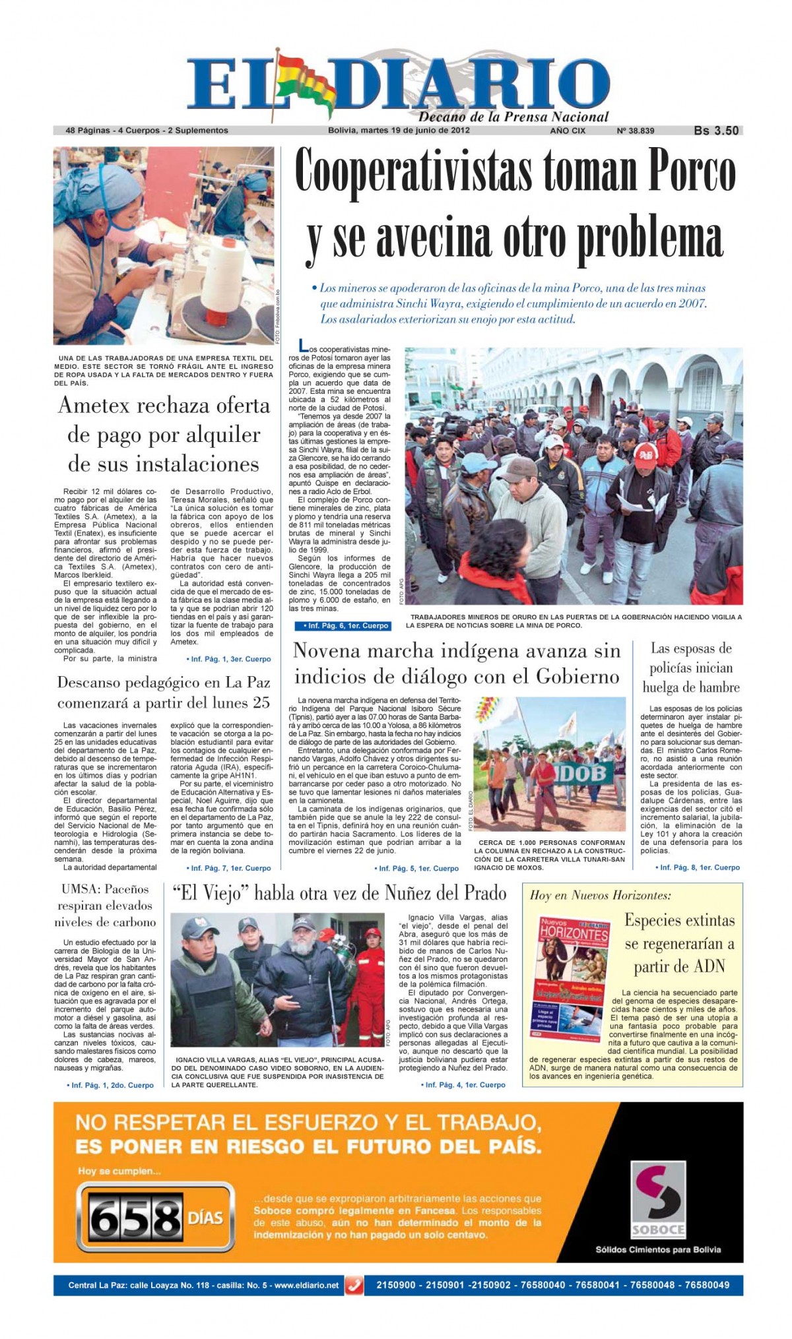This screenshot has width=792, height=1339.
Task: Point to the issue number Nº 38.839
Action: point(635,131)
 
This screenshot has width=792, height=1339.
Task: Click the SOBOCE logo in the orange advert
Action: point(658,1200)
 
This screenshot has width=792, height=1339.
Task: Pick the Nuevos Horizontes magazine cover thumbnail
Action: point(572,976)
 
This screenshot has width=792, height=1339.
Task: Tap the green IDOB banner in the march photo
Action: point(583,773)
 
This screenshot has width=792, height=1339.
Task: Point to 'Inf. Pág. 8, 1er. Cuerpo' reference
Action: point(699,867)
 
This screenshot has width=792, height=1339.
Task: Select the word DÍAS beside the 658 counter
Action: point(205,1217)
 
